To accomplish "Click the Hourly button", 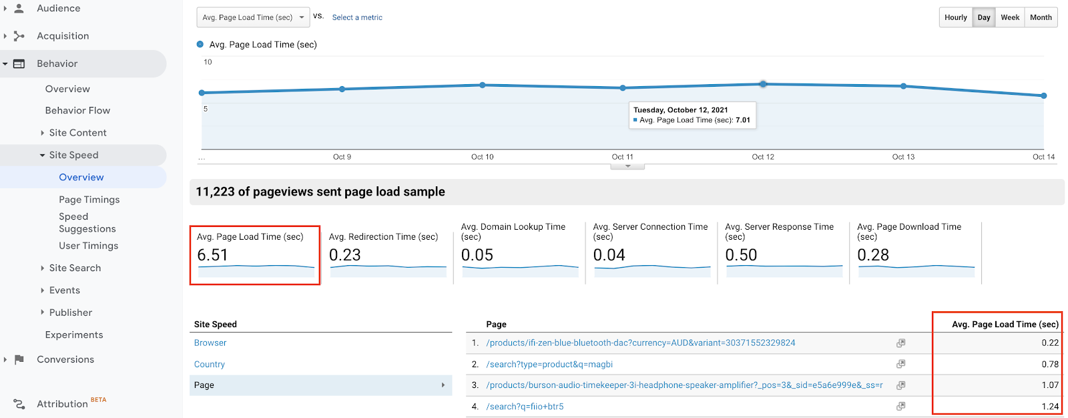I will [955, 17].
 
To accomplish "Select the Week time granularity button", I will [1009, 17].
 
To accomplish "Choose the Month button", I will [1040, 17].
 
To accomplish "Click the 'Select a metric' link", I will [357, 17].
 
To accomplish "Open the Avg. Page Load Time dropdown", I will [253, 17].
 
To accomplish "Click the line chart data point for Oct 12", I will [763, 84].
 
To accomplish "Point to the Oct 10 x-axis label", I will [482, 157].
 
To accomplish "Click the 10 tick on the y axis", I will [208, 62].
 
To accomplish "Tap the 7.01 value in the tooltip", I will [742, 120].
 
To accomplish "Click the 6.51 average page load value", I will [212, 255].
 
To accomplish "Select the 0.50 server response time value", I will [741, 255].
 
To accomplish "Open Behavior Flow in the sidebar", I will [77, 110].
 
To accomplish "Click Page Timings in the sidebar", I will [89, 200].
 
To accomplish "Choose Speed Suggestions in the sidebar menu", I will [87, 222].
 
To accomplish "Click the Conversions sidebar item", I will [65, 359].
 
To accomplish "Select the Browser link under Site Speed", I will [210, 343].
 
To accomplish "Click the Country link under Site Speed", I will [209, 364].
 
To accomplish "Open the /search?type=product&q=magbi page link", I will [549, 364].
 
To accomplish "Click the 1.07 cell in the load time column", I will [1049, 385].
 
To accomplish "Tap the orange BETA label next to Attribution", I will [98, 400].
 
